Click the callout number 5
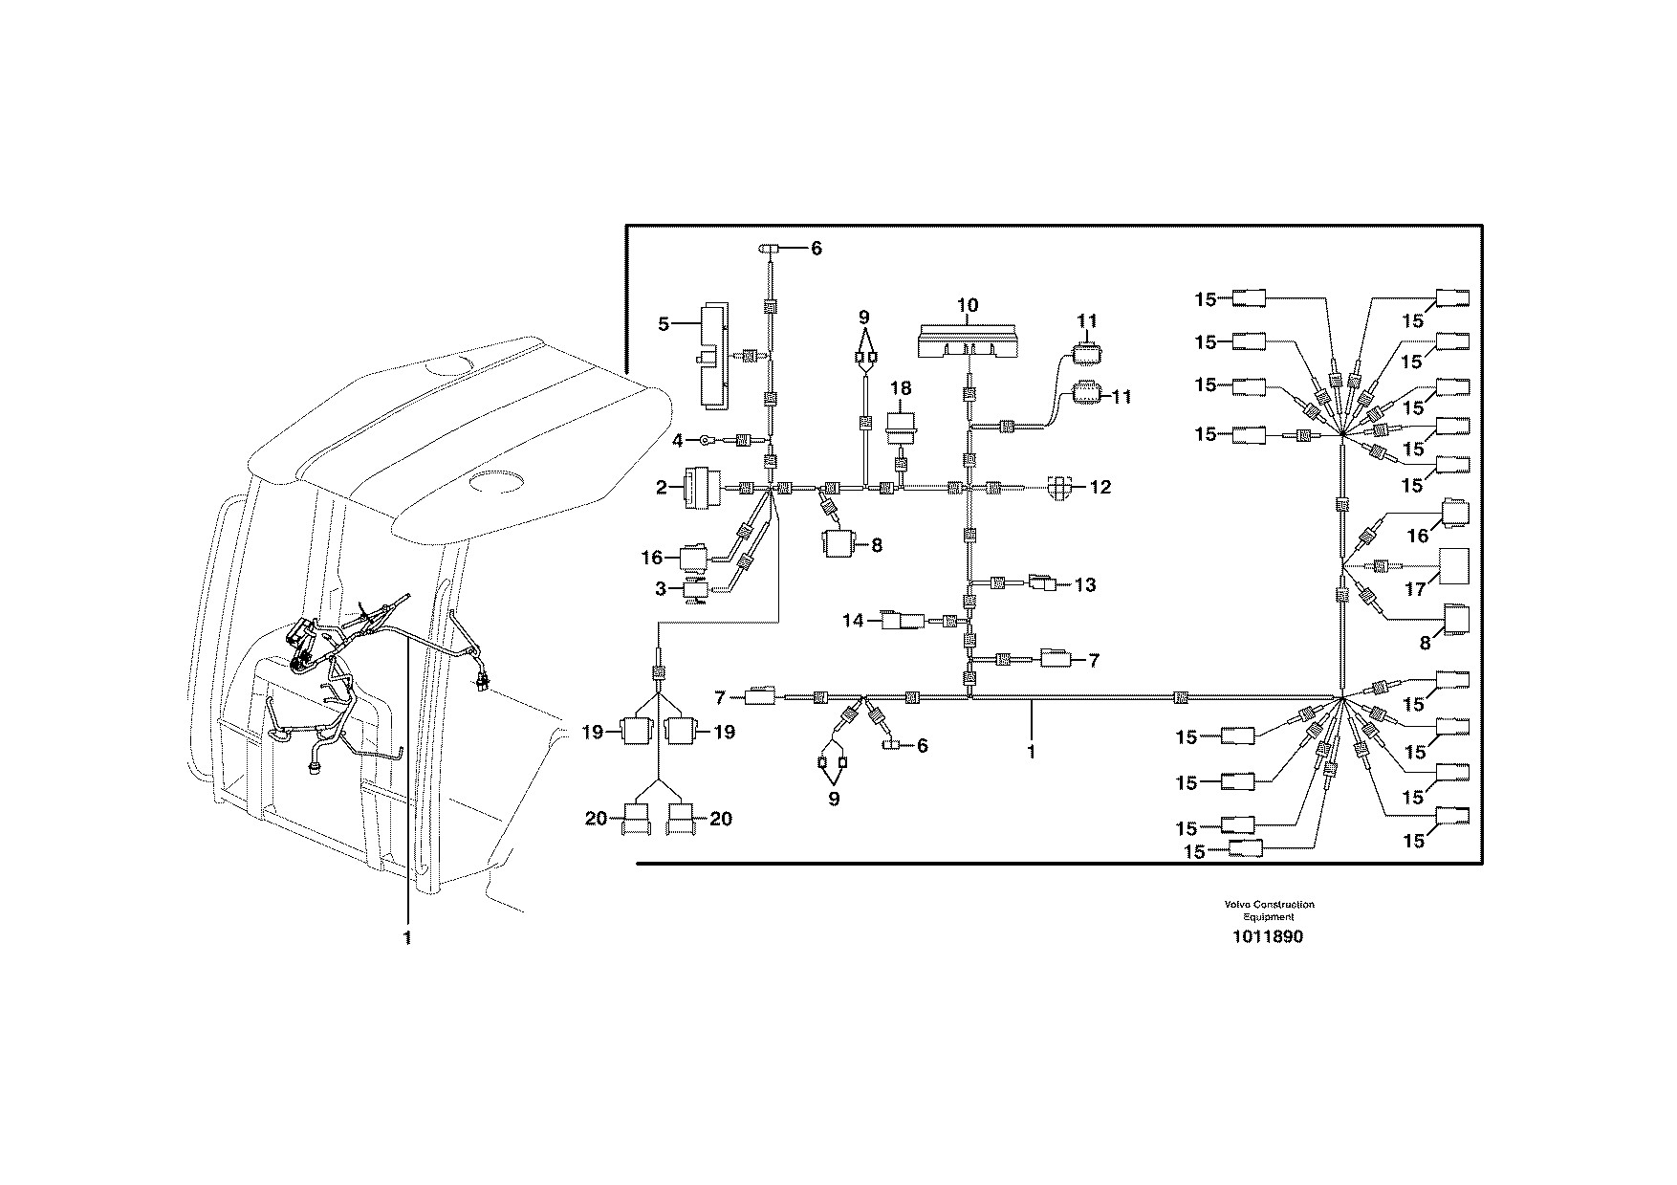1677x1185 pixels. click(664, 324)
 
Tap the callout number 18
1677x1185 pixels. click(901, 389)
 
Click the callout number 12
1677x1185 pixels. click(1100, 488)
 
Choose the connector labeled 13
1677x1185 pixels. click(1042, 582)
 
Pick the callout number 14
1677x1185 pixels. click(853, 621)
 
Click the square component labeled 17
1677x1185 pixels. click(1453, 566)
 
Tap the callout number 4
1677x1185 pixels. click(677, 441)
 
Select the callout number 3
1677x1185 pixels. click(661, 589)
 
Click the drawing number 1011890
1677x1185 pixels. click(1266, 937)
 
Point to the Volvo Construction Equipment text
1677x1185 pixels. click(1267, 911)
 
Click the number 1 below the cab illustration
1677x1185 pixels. click(407, 938)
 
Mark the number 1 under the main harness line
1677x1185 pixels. click(1031, 752)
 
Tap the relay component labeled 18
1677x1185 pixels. click(901, 429)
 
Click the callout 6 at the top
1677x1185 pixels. click(816, 249)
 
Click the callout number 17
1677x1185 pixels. click(1415, 590)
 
